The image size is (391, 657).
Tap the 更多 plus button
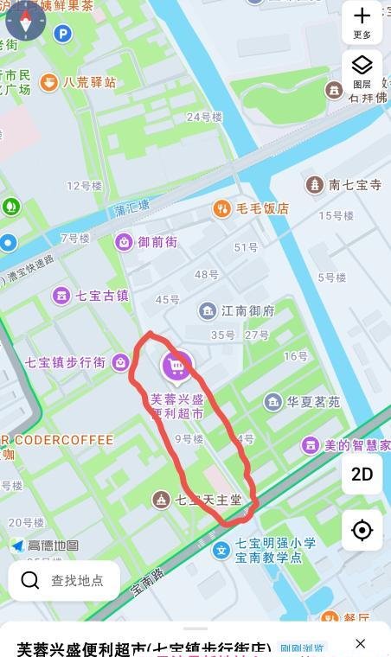362,21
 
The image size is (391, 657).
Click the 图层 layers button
362,70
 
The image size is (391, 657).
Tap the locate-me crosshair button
362,529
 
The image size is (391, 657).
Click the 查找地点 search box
64,580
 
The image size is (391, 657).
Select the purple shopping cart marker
176,367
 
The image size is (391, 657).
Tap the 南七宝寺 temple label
344,184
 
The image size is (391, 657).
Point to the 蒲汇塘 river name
131,208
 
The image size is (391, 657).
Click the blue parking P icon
62,34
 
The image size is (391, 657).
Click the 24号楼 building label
205,116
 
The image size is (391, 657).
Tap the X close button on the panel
361,643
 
